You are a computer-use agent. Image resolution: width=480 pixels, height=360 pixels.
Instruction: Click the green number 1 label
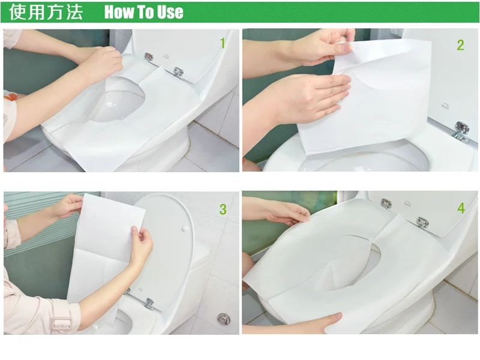(x=223, y=43)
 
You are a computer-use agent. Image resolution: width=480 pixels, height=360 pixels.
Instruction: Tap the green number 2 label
(x=460, y=44)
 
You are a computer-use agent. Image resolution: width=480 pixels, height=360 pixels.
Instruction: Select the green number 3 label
(x=223, y=209)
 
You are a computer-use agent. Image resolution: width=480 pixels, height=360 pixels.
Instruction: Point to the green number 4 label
(x=461, y=208)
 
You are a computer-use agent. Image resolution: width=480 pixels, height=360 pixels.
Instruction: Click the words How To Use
(x=144, y=12)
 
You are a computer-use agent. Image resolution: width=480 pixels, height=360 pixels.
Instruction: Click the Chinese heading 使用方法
(x=46, y=12)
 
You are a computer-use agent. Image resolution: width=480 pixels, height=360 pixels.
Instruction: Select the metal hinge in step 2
(x=461, y=130)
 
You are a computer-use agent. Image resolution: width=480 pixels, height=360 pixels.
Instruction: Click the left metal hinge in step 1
(x=148, y=58)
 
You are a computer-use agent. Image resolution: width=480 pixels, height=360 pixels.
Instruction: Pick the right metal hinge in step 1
(x=177, y=71)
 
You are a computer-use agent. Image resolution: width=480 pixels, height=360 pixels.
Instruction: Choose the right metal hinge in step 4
(x=422, y=222)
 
